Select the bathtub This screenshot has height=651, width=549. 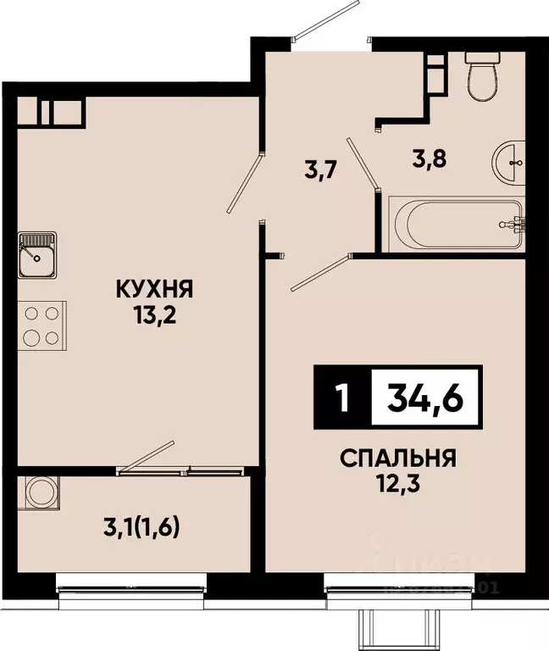click(457, 225)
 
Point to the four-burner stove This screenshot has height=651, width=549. click(42, 325)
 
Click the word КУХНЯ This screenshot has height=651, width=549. click(156, 291)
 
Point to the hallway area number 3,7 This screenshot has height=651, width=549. click(321, 168)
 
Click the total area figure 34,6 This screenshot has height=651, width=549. click(426, 397)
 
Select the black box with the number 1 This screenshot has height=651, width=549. click(341, 397)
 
